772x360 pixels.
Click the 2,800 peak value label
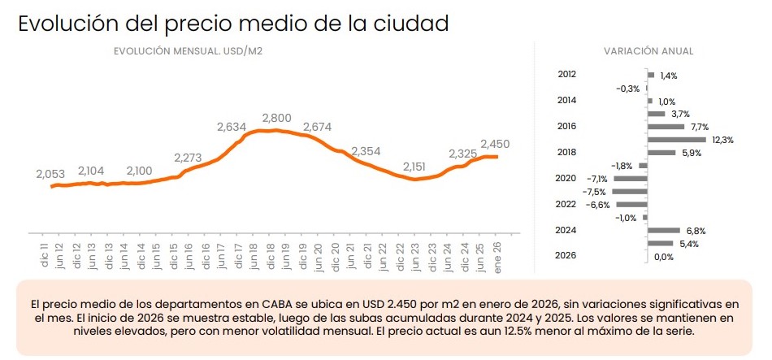point(277,119)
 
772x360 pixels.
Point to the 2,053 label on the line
point(50,174)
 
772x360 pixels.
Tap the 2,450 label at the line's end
point(495,144)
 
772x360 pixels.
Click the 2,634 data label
point(232,127)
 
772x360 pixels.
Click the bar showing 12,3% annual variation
point(676,140)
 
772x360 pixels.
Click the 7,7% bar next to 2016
point(666,127)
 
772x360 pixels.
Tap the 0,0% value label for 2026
point(664,257)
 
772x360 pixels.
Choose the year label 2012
point(567,74)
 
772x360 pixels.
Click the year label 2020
point(567,178)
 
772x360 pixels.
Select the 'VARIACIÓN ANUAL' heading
point(648,51)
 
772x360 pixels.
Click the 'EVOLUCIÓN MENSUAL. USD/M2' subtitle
point(188,51)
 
